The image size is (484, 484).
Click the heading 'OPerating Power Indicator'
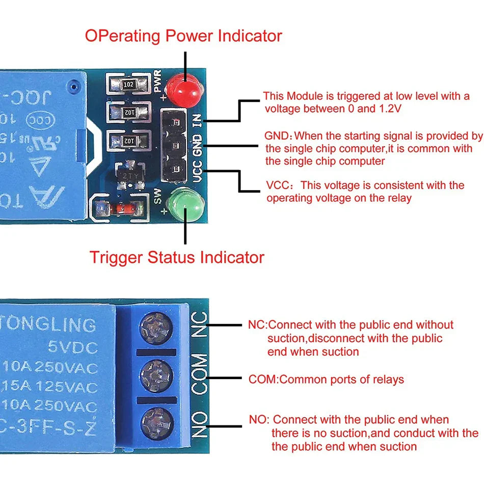pyautogui.click(x=183, y=36)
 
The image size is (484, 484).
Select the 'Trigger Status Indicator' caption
pyautogui.click(x=177, y=257)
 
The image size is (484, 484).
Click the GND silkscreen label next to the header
pyautogui.click(x=198, y=145)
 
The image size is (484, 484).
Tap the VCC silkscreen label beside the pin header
pyautogui.click(x=198, y=171)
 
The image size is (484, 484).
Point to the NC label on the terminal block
pyautogui.click(x=201, y=325)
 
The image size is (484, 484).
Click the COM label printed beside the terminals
pyautogui.click(x=201, y=375)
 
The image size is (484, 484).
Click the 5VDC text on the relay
pyautogui.click(x=72, y=348)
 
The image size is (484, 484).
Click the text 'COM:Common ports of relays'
pyautogui.click(x=326, y=379)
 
